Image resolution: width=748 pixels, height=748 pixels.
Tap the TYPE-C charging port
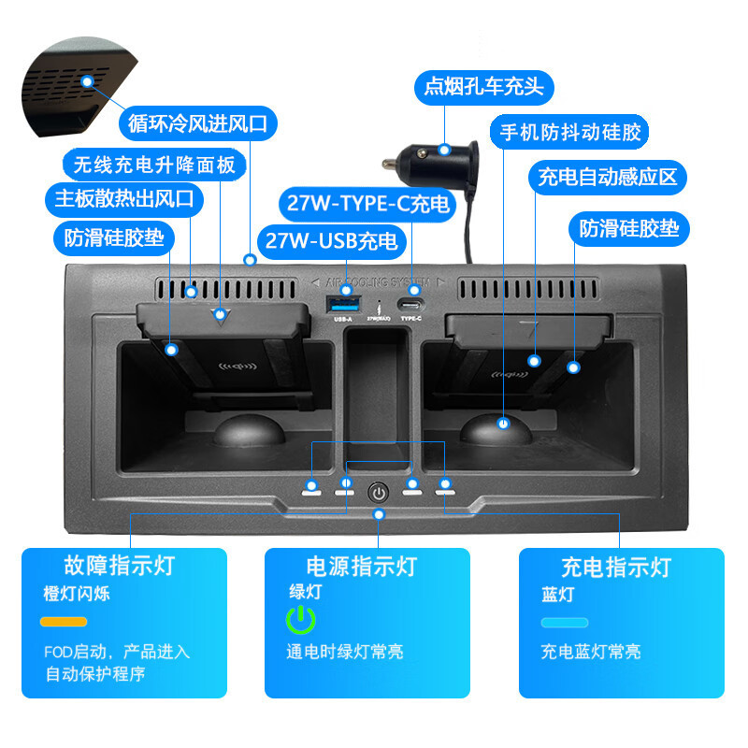pyautogui.click(x=410, y=304)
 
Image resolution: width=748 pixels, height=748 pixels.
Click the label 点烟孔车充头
pyautogui.click(x=483, y=87)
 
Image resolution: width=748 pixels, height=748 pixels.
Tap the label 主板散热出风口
pyautogui.click(x=123, y=198)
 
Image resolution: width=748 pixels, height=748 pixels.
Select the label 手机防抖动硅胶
pyautogui.click(x=569, y=132)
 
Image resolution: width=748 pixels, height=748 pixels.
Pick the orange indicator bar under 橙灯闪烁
pyautogui.click(x=64, y=622)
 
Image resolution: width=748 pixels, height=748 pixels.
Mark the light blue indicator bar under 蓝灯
pyautogui.click(x=565, y=622)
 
